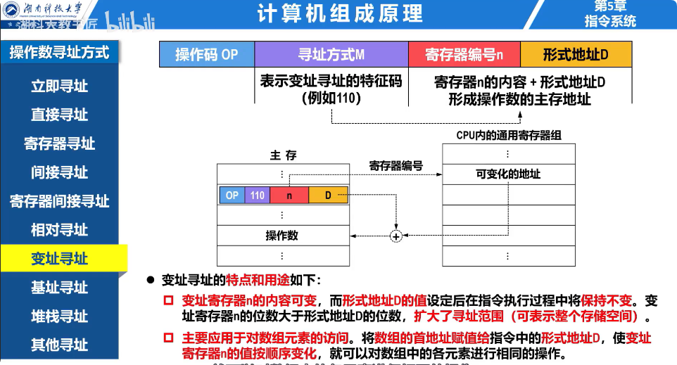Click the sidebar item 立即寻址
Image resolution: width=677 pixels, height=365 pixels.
coord(59,86)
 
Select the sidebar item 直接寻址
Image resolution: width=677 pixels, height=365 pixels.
coord(59,115)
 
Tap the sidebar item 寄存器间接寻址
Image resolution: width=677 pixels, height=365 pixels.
coord(59,201)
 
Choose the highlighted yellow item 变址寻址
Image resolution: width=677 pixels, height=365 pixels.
coord(59,259)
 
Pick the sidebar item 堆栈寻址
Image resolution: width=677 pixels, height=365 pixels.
coord(59,316)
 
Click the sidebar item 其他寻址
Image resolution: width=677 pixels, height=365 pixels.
coord(59,345)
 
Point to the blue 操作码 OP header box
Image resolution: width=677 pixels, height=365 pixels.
coord(207,54)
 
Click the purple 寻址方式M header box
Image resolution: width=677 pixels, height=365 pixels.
coord(331,54)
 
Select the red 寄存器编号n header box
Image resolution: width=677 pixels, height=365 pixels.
coord(464,54)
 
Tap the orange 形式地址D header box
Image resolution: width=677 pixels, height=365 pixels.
coord(576,54)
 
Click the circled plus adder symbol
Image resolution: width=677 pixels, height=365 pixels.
coord(396,236)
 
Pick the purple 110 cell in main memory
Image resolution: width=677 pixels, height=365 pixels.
coord(257,195)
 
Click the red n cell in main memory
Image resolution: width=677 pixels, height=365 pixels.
coord(289,195)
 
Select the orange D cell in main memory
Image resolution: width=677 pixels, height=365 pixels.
coord(328,195)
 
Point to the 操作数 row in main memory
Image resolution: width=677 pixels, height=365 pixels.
coord(282,235)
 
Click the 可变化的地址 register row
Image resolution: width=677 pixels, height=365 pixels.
coord(508,174)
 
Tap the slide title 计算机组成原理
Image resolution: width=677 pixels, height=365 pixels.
coord(340,13)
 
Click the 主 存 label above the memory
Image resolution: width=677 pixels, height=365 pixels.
coord(283,155)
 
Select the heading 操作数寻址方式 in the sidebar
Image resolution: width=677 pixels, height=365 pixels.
coord(59,52)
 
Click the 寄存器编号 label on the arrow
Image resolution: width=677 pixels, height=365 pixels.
coord(396,166)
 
